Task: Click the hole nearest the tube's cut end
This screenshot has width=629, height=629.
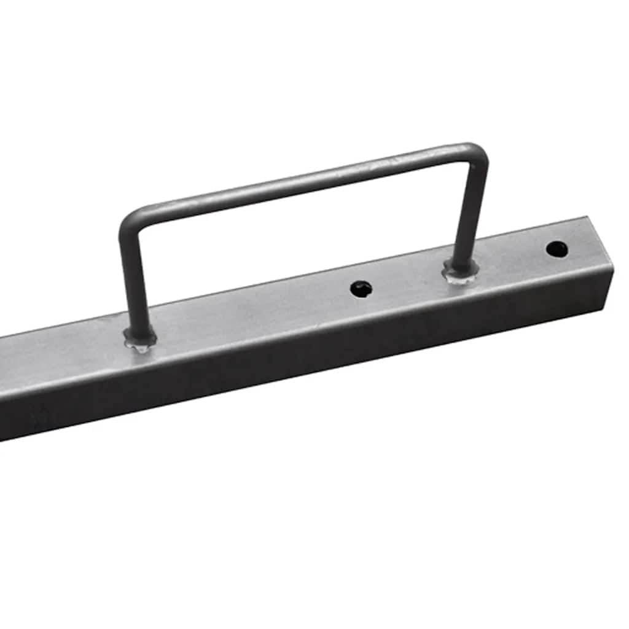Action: point(557,249)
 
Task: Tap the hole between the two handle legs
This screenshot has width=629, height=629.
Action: point(361,289)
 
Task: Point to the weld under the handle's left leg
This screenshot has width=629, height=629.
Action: point(140,340)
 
